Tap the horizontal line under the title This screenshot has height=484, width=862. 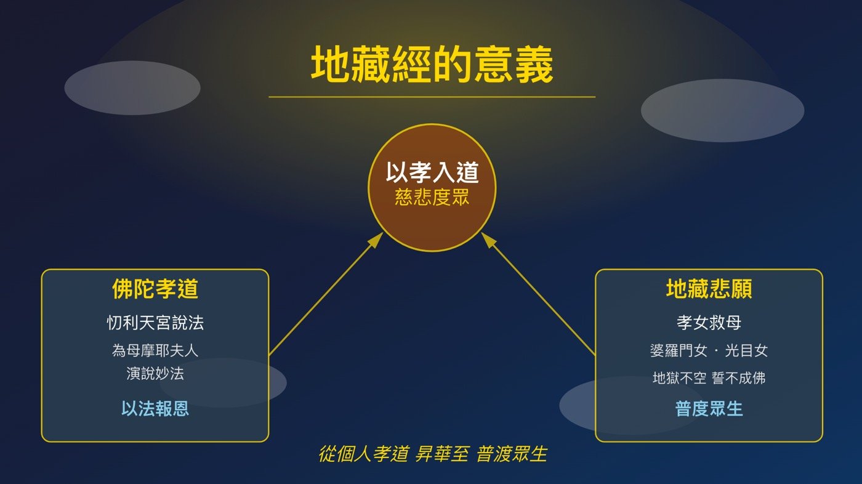pyautogui.click(x=432, y=97)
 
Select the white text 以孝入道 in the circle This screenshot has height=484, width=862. pyautogui.click(x=432, y=173)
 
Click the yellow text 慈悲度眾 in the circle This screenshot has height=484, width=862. pyautogui.click(x=432, y=198)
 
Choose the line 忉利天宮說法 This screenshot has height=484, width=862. pyautogui.click(x=155, y=322)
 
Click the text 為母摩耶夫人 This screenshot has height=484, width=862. pyautogui.click(x=155, y=350)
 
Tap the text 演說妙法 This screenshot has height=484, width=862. pyautogui.click(x=155, y=374)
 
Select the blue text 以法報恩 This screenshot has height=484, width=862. pyautogui.click(x=155, y=408)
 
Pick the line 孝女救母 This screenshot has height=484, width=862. pyautogui.click(x=709, y=322)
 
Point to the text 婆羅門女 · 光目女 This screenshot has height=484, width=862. pyautogui.click(x=709, y=350)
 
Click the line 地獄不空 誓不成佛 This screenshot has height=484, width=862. pyautogui.click(x=709, y=377)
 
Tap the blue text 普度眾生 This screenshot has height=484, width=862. pyautogui.click(x=709, y=408)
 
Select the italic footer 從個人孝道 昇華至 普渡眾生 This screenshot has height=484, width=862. pyautogui.click(x=432, y=454)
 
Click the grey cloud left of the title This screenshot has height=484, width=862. pyautogui.click(x=132, y=87)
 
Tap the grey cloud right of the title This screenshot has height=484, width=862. pyautogui.click(x=722, y=110)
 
